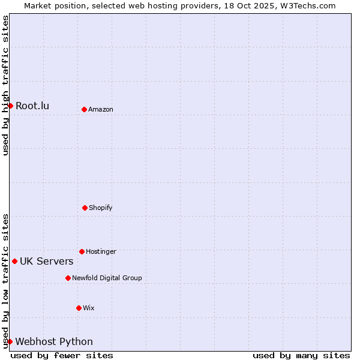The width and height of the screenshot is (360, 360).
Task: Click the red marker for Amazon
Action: pos(84,109)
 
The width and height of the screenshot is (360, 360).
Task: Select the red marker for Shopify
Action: pos(85,208)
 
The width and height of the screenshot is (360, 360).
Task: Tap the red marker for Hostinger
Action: pos(82,251)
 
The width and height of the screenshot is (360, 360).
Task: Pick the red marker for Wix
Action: pos(79,308)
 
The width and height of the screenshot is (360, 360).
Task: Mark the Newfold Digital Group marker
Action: pos(68,278)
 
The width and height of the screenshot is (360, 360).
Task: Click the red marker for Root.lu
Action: pos(10,106)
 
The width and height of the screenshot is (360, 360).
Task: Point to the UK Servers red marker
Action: pos(14,261)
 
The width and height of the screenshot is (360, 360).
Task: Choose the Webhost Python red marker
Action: pos(10,341)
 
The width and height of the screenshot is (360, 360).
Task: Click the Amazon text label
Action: pos(101,109)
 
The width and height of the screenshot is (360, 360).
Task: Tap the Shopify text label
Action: pos(101,208)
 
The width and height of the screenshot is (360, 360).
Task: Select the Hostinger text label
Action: pos(101,251)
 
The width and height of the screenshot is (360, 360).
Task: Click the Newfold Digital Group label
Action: pos(107,278)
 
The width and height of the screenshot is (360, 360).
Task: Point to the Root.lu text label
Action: pos(32,106)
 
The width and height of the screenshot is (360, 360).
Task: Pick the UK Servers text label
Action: pos(46,262)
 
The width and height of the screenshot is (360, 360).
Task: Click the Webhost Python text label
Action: pos(54,342)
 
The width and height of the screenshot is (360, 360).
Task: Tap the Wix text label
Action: pos(89,308)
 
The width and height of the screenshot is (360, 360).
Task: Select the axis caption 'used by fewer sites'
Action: pos(62,355)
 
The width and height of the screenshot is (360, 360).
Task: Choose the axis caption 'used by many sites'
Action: pos(301,355)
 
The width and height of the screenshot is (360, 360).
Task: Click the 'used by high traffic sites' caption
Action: pos(5,85)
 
